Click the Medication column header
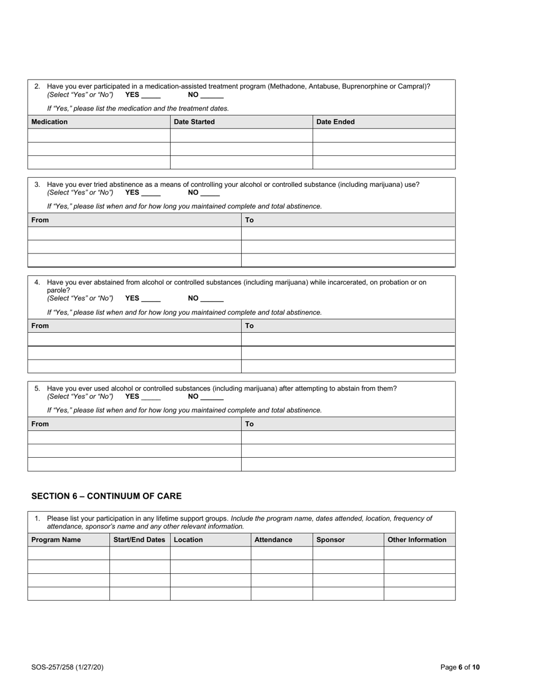click(49, 122)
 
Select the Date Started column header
click(194, 122)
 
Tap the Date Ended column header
click(336, 122)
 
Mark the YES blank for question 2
click(151, 95)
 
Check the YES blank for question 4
click(151, 299)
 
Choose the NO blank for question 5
click(212, 397)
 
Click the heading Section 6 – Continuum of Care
click(107, 496)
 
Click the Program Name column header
click(56, 540)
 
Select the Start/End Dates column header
click(140, 540)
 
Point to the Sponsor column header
click(330, 540)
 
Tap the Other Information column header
click(417, 540)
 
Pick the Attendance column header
click(273, 540)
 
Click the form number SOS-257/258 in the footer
click(67, 667)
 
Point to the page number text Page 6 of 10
click(460, 667)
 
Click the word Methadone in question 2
click(288, 86)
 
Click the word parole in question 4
click(58, 290)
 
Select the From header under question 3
click(40, 220)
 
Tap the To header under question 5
click(250, 424)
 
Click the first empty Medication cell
click(99, 135)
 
